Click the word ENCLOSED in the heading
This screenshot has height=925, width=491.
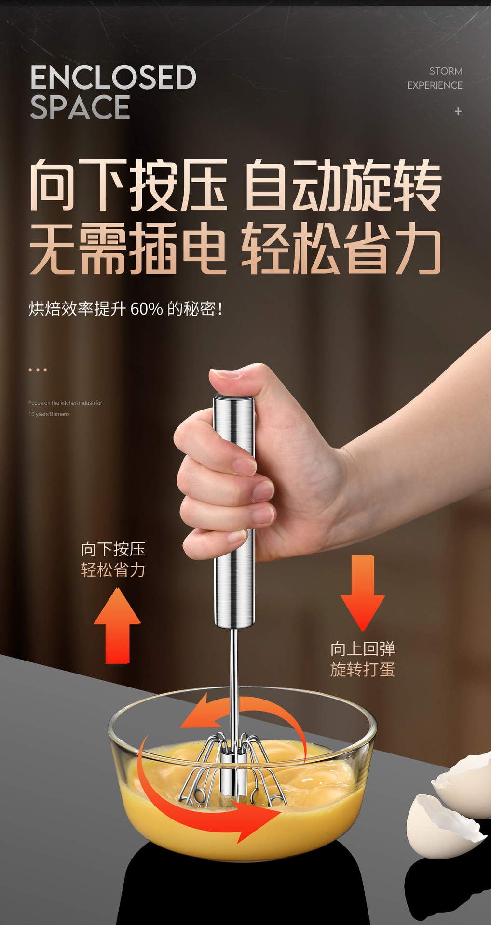pos(113,78)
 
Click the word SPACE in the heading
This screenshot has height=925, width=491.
pos(80,107)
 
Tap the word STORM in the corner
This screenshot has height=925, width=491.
pos(446,71)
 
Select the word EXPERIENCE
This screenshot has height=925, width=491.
pos(435,85)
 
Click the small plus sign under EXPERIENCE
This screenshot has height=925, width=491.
pos(458,112)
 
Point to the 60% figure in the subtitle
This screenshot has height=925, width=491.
pos(147,309)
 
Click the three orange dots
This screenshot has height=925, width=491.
pos(38,370)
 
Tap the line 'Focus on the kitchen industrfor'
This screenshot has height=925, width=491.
pos(65,403)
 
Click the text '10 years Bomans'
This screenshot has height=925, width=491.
pos(49,414)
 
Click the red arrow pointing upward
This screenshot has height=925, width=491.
pos(117,626)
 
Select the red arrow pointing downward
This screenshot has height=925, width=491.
pos(362,593)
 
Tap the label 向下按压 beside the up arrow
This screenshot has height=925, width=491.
pos(113,549)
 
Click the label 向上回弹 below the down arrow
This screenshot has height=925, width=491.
pos(363,649)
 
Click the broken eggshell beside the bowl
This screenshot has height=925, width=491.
pos(446,814)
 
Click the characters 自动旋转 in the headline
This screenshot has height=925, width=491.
pos(343,185)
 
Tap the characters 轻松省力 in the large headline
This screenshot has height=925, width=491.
pos(341,249)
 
